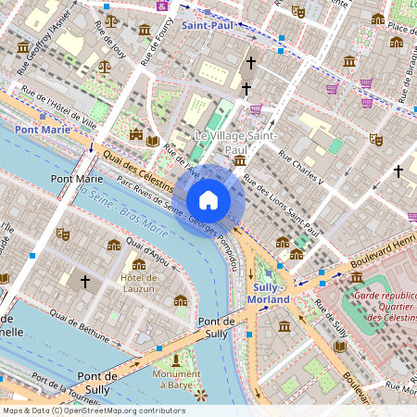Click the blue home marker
pyautogui.click(x=208, y=199)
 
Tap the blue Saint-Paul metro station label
pyautogui.click(x=208, y=27)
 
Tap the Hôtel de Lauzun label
pyautogui.click(x=138, y=283)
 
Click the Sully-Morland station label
pyautogui.click(x=271, y=293)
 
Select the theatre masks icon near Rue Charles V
pyautogui.click(x=375, y=138)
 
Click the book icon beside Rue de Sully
pyautogui.click(x=340, y=346)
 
